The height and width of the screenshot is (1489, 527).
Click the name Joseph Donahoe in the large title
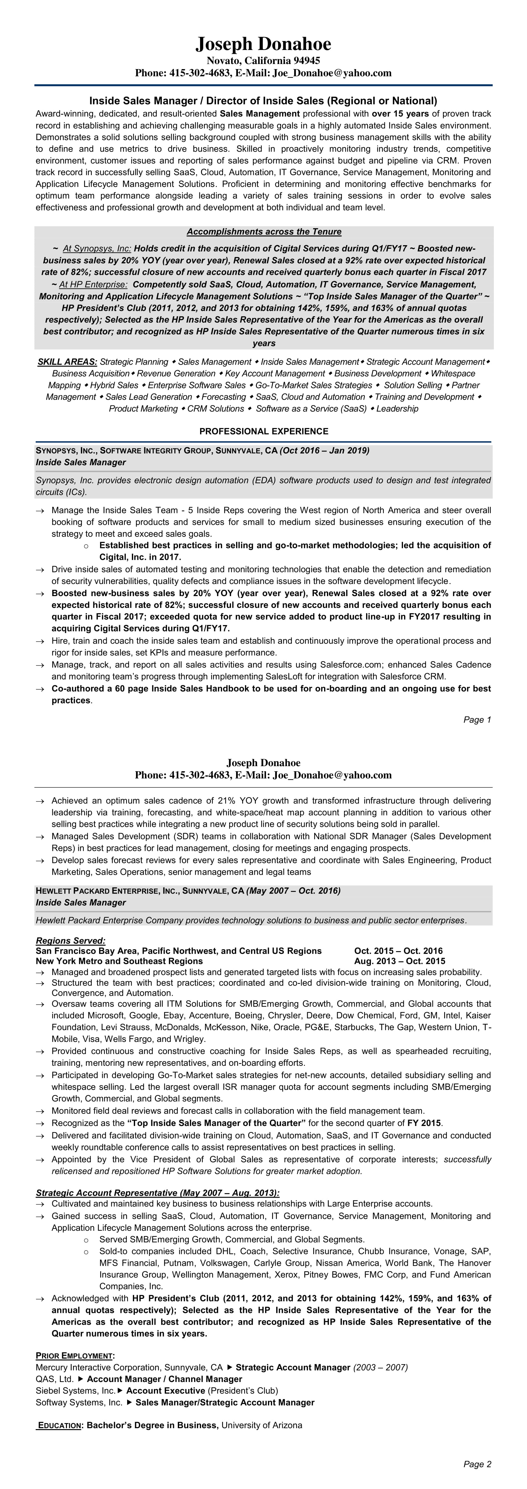[x=263, y=44]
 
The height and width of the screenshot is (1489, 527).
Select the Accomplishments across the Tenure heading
[x=264, y=232]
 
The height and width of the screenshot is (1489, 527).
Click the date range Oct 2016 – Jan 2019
[x=325, y=450]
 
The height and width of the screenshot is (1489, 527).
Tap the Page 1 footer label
[x=477, y=720]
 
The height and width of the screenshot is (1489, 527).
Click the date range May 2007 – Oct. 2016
[x=293, y=891]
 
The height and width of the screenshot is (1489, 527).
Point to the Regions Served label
[x=71, y=940]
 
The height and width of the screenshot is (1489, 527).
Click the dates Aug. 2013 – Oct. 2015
[x=400, y=961]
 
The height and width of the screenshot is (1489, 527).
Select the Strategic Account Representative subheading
[x=157, y=1193]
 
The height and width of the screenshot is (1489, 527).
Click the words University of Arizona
[x=262, y=1425]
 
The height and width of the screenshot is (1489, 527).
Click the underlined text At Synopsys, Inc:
[x=97, y=249]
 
